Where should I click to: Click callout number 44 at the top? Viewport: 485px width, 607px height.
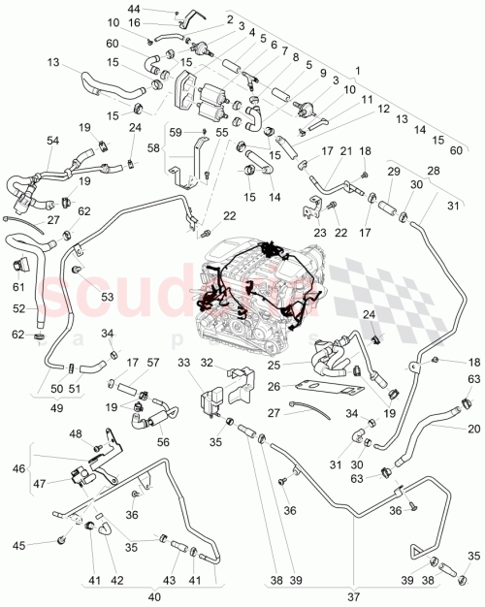coord(160,8)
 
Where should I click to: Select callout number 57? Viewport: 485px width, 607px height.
coord(152,363)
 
